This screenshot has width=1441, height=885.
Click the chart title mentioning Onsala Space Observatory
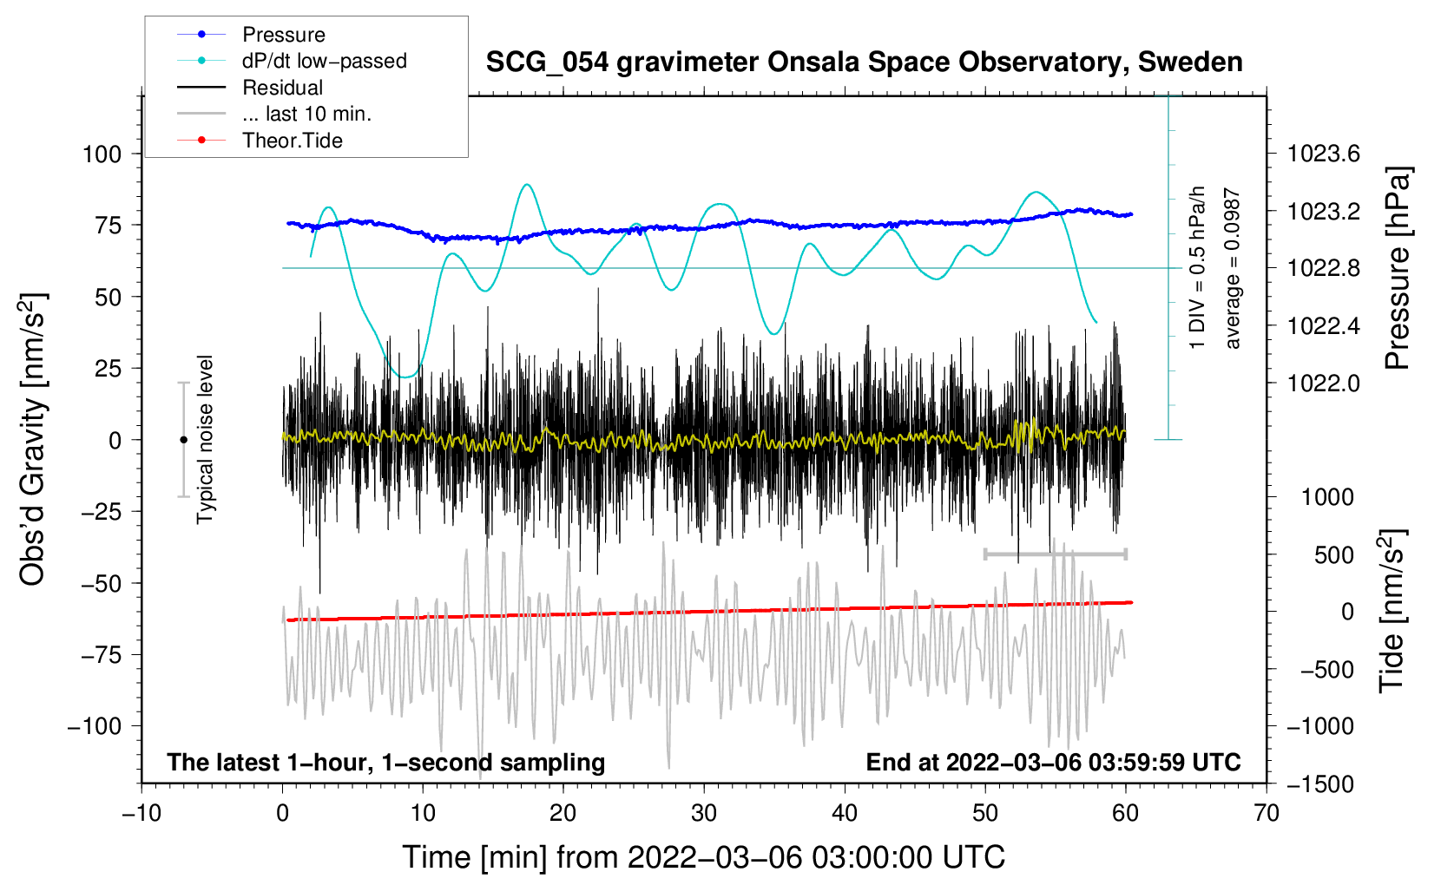tap(864, 62)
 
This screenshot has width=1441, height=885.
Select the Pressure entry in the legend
tap(283, 35)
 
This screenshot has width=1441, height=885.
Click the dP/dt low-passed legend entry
tap(324, 61)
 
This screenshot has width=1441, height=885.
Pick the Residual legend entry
tap(282, 88)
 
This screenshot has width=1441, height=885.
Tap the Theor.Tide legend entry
tap(292, 141)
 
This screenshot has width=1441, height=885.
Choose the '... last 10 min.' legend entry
tap(306, 114)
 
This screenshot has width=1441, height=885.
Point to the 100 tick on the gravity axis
tap(102, 154)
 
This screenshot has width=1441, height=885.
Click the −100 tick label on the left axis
tap(95, 726)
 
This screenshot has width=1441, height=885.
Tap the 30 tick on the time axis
tap(704, 814)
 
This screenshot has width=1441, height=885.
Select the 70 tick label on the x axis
tap(1267, 814)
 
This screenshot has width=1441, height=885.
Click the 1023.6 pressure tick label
tap(1323, 154)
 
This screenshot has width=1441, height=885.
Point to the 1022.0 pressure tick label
tap(1323, 383)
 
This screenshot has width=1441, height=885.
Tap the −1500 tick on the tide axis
tap(1319, 784)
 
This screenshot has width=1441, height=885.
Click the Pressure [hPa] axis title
tap(1397, 268)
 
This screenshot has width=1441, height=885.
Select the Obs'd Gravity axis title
tap(33, 439)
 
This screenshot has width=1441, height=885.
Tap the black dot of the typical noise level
tap(183, 440)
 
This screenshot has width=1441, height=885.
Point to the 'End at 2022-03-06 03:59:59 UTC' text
tap(1053, 763)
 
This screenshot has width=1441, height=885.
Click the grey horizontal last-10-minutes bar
tap(1055, 554)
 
